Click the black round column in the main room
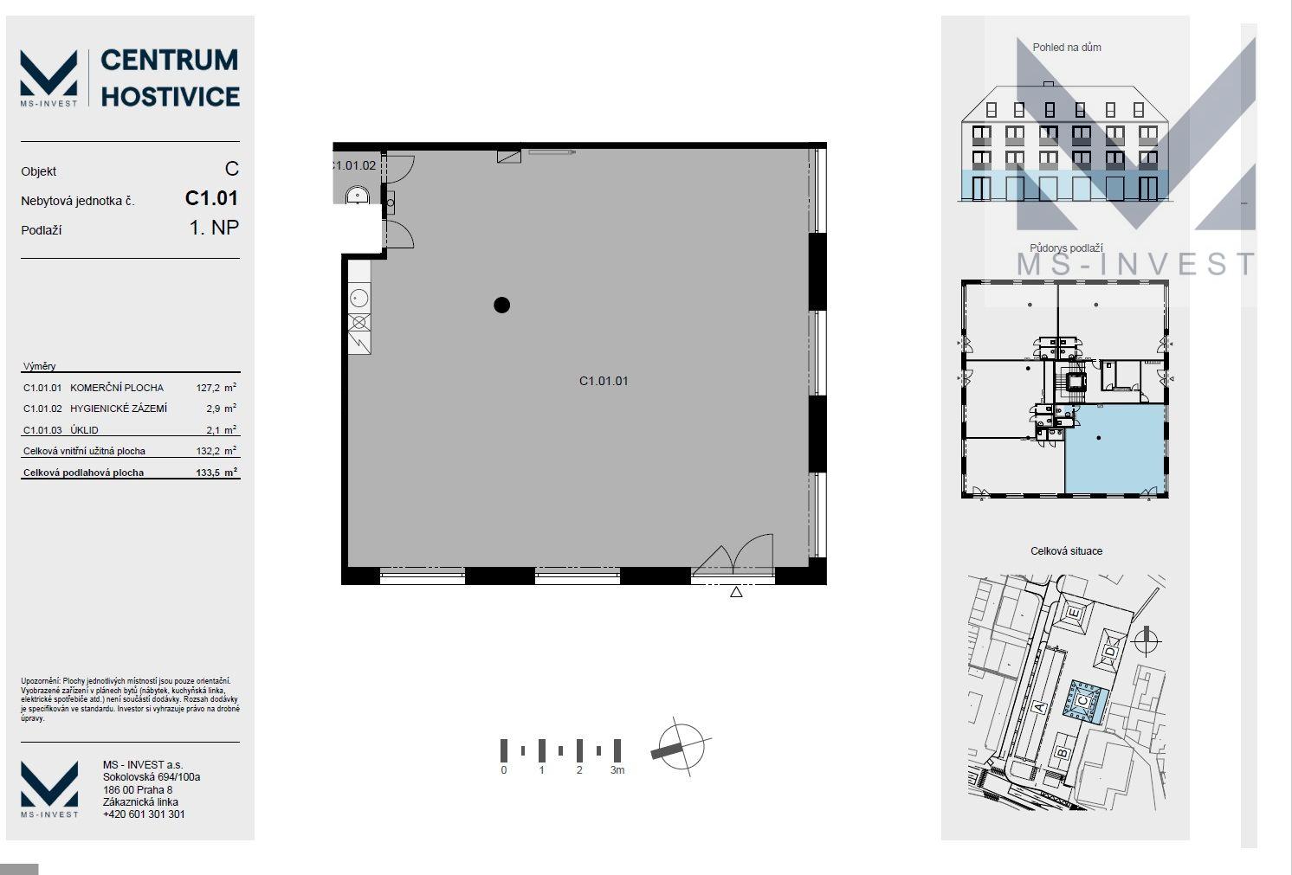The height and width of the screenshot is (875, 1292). tap(501, 305)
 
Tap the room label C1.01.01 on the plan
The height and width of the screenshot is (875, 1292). tap(604, 381)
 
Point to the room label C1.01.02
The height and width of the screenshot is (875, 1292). tap(354, 165)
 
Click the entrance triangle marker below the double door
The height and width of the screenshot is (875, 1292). tap(736, 592)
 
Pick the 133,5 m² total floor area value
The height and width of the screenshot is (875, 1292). tap(216, 473)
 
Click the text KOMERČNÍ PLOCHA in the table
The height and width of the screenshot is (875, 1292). tap(117, 388)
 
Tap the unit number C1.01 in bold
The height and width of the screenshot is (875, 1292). tap(211, 198)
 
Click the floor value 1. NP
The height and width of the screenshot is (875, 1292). tap(214, 228)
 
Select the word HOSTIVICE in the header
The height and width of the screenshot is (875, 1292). tap(170, 97)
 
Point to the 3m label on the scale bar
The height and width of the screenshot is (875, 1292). tap(617, 770)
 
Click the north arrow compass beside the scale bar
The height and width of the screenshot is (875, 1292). tap(681, 747)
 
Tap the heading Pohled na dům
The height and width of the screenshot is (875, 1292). tap(1067, 48)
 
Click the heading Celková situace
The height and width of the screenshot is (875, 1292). tap(1067, 551)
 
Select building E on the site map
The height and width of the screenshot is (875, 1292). tap(1074, 613)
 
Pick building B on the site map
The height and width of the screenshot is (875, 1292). tap(1062, 752)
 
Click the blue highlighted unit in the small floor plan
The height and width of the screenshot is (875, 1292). tap(1115, 449)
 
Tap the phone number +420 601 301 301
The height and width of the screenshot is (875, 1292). tap(144, 814)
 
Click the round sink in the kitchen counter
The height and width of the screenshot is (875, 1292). tap(359, 299)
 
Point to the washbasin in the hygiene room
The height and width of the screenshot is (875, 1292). tap(357, 195)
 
